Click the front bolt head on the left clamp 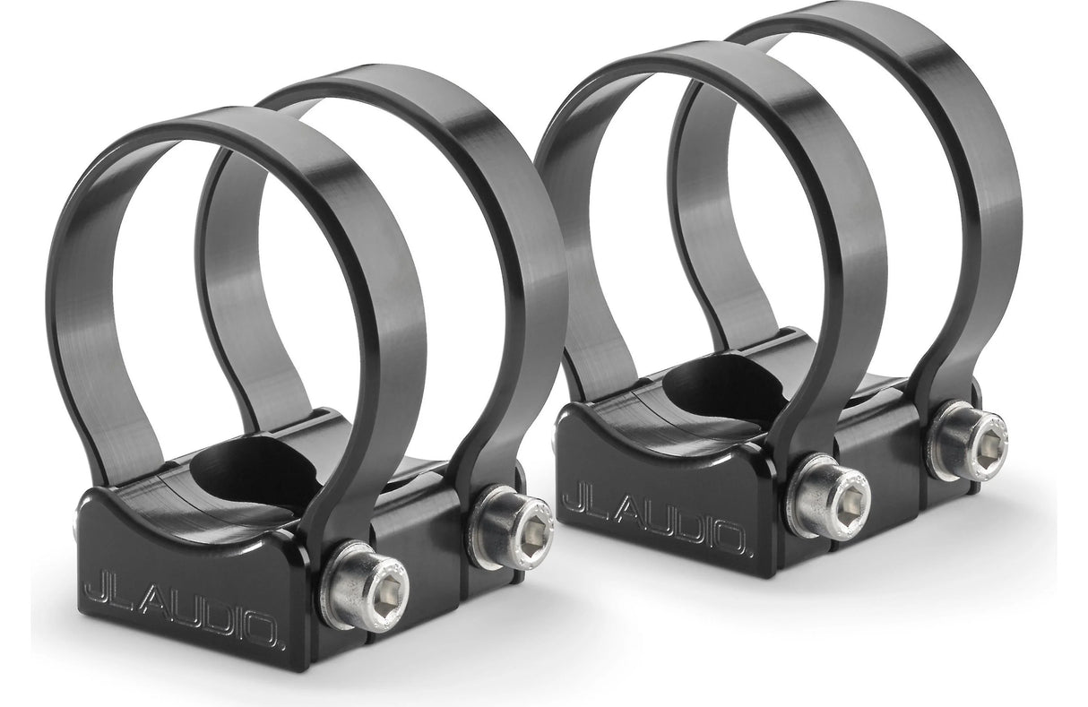point(364,592)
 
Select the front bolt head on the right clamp point(830,496)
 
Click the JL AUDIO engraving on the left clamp point(184,611)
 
